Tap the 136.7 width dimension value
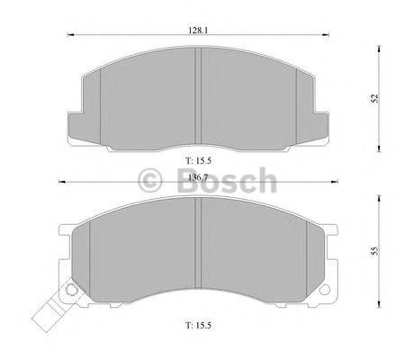point(198,178)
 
